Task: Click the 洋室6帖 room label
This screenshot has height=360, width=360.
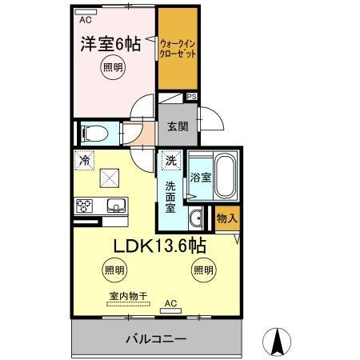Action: tap(113, 45)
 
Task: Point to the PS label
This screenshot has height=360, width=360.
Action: tap(191, 98)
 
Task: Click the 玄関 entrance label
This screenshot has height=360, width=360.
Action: tap(178, 126)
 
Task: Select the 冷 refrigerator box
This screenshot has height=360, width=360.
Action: tap(85, 161)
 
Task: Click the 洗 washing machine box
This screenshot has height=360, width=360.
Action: tap(170, 161)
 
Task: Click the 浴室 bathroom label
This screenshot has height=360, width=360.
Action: tap(200, 178)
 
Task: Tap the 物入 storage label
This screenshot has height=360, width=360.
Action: tap(226, 218)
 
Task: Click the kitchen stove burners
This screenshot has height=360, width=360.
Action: tap(85, 206)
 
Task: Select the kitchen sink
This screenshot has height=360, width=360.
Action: tap(117, 204)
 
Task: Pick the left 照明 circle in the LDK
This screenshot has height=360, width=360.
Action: tap(114, 270)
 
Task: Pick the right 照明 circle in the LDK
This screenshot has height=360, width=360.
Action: tap(202, 270)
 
